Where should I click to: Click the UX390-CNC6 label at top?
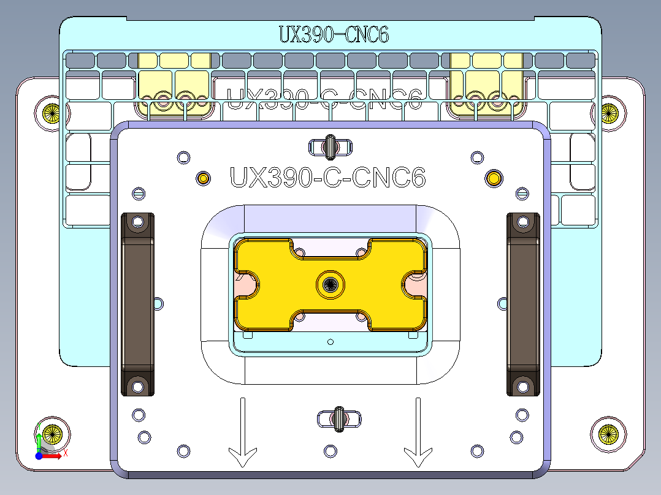(x=334, y=34)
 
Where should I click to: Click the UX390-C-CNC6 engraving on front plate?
(x=327, y=178)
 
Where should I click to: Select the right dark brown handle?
(x=523, y=304)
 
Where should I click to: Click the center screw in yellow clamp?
(x=331, y=284)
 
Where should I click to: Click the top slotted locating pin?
(x=331, y=146)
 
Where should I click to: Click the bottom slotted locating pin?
(x=338, y=418)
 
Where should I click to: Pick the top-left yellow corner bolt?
(x=51, y=112)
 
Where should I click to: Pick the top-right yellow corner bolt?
(x=609, y=112)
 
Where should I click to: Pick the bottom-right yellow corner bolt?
(x=609, y=434)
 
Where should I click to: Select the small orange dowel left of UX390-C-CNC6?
(x=203, y=178)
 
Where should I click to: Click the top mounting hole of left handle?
(x=137, y=221)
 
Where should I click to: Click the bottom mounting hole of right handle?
(x=523, y=387)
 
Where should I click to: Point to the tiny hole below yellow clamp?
(x=330, y=341)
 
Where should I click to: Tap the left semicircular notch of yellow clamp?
(x=247, y=284)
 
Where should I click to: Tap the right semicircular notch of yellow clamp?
(x=415, y=284)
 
